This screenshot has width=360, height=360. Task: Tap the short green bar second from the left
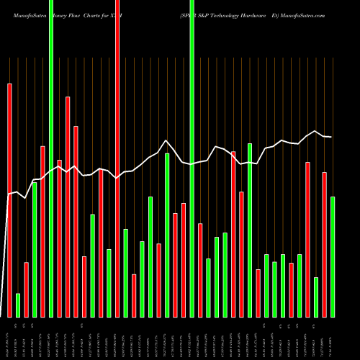click(18, 305)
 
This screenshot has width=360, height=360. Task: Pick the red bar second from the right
click(325, 244)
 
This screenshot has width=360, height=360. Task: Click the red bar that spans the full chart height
click(117, 158)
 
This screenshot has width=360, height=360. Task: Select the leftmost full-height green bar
click(51, 158)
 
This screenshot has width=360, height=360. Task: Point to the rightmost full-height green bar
click(192, 158)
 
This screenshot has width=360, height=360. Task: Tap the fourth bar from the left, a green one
click(35, 249)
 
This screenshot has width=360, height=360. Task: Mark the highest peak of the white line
click(166, 140)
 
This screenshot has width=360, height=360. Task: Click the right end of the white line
click(331, 137)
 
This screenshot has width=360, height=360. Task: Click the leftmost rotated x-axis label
click(9, 337)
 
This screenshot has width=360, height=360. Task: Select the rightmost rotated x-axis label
click(333, 337)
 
